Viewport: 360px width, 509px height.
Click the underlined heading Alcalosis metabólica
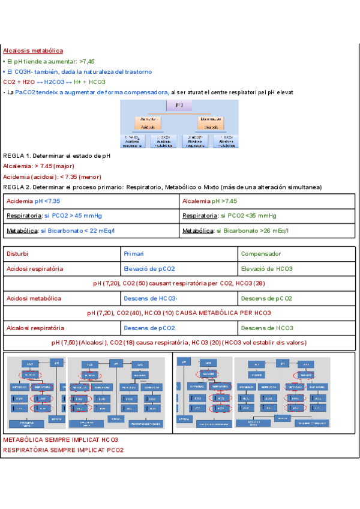click(x=33, y=51)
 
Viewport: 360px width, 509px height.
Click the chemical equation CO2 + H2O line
click(x=54, y=82)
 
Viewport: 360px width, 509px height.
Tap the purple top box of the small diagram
click(x=179, y=106)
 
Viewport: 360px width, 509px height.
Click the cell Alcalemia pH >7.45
click(x=209, y=201)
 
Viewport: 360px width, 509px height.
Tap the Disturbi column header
click(x=17, y=253)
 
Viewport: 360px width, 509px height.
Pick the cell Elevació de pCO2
click(x=149, y=268)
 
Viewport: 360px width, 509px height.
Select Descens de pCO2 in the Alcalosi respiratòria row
click(x=149, y=328)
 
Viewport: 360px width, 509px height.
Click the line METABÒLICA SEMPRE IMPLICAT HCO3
click(x=61, y=440)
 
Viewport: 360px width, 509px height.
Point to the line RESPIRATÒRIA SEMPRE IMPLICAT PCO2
click(x=63, y=450)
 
